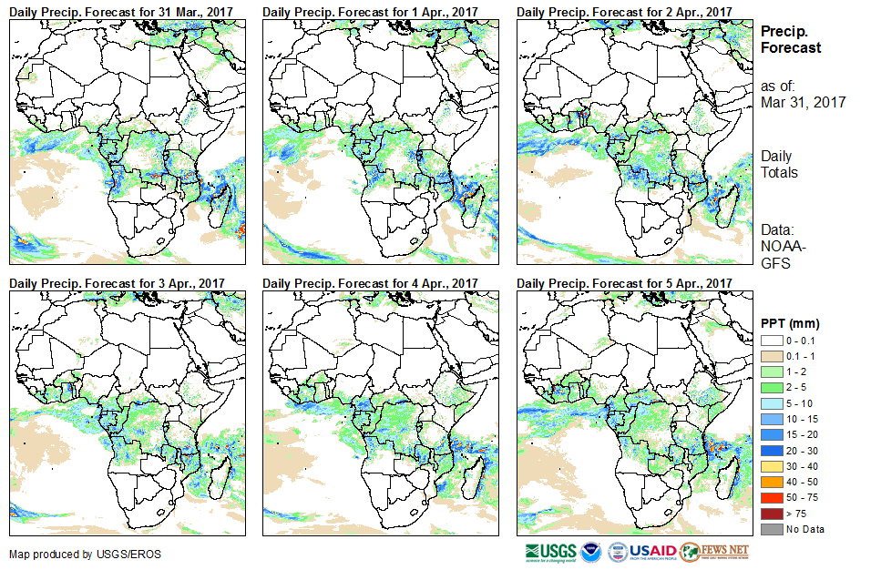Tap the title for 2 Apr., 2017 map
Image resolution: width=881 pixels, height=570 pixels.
pyautogui.click(x=624, y=11)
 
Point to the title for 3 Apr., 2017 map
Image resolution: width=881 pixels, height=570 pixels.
pyautogui.click(x=116, y=284)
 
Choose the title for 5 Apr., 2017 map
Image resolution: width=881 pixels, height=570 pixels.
pyautogui.click(x=624, y=284)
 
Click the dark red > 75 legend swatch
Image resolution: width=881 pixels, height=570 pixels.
pyautogui.click(x=770, y=514)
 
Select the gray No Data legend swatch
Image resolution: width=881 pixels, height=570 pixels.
pyautogui.click(x=770, y=529)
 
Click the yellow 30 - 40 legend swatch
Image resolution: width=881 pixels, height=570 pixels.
pyautogui.click(x=770, y=465)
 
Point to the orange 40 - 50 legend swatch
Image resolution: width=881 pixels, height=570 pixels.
pyautogui.click(x=770, y=482)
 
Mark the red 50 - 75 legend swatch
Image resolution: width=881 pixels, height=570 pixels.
pyautogui.click(x=770, y=497)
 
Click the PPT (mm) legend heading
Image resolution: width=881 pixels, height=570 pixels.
pyautogui.click(x=790, y=323)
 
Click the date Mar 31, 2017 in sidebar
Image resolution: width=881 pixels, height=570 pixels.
pyautogui.click(x=803, y=103)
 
